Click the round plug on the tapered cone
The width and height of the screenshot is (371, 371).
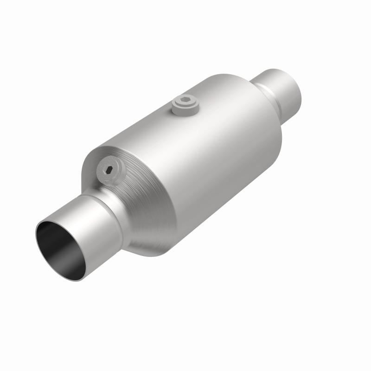tap(111, 173)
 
